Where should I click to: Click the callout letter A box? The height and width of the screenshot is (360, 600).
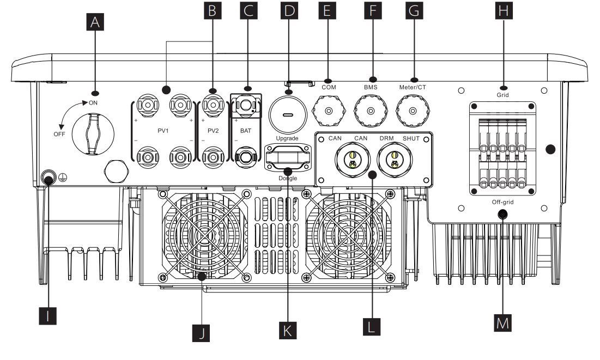[95, 22]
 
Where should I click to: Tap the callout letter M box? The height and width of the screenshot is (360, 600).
[503, 323]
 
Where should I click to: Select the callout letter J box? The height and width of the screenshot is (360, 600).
[201, 333]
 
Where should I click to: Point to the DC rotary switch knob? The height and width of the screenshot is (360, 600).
[93, 135]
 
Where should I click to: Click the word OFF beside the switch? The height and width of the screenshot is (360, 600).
[59, 135]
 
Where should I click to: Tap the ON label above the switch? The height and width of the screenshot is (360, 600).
[93, 103]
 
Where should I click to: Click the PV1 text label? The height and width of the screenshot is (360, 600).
[163, 131]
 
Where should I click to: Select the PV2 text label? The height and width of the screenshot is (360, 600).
[213, 131]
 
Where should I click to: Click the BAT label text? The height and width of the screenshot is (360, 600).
[246, 131]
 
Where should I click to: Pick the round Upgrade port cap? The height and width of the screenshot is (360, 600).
[288, 115]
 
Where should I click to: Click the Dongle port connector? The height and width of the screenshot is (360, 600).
[288, 157]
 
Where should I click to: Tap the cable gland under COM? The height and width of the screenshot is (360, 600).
[329, 111]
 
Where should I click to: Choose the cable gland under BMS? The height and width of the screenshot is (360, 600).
[371, 111]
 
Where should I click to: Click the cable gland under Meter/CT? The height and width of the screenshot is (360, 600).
[413, 111]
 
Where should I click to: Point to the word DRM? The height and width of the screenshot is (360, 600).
[386, 138]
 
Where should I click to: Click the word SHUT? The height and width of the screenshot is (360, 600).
[411, 138]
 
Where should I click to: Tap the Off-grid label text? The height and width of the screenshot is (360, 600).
[503, 202]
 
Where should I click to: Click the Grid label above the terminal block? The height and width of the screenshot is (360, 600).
[503, 95]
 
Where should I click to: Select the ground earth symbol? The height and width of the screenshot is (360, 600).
[63, 177]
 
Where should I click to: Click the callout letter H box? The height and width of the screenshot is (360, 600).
[504, 10]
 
